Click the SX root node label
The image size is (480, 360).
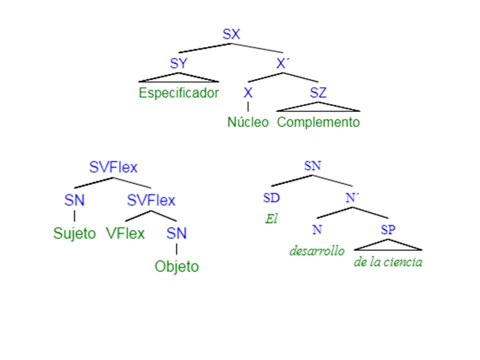[x=231, y=34]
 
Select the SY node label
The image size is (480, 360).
[x=178, y=64]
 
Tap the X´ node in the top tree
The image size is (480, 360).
[x=283, y=64]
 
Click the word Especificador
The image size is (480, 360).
[x=178, y=93]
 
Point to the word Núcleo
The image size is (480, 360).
[x=248, y=122]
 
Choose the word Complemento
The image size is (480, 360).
[x=318, y=122]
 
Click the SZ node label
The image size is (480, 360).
[x=318, y=93]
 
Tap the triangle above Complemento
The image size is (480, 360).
[x=318, y=107]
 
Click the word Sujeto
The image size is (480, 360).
[x=74, y=233]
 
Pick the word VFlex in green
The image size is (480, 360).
[x=125, y=233]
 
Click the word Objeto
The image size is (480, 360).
[x=176, y=266]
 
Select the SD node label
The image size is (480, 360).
[x=271, y=198]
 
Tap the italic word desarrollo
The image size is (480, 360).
[x=317, y=250]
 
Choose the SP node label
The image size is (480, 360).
[x=388, y=230]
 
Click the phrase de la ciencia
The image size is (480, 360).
[x=388, y=262]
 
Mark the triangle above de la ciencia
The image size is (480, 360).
[x=388, y=245]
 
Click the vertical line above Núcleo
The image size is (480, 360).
[x=248, y=106]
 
